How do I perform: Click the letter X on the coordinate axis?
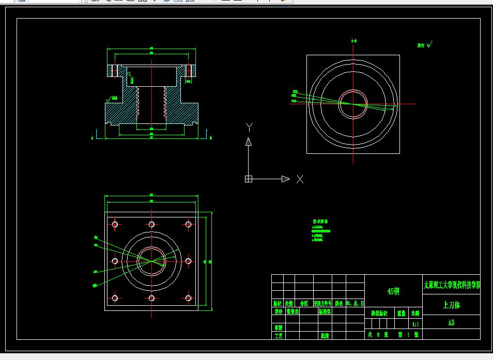point(300,179)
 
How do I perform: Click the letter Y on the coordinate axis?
point(249,127)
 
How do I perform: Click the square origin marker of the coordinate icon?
point(248,179)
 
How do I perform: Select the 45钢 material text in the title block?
point(393,291)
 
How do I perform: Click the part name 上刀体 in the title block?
point(451,305)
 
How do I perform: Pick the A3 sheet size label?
point(451,323)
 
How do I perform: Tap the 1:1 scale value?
point(415,324)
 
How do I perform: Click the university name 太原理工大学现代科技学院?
point(451,285)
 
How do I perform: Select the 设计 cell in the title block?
point(278,311)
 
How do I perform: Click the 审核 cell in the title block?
point(278,327)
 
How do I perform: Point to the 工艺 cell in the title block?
point(278,336)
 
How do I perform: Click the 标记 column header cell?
point(278,303)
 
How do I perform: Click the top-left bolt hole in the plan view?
point(115,224)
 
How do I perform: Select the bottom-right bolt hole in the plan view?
point(189,298)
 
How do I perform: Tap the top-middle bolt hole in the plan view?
point(151,224)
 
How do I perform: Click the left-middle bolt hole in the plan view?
point(115,261)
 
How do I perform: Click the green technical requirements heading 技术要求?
point(321,222)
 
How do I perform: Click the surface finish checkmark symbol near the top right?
point(429,45)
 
